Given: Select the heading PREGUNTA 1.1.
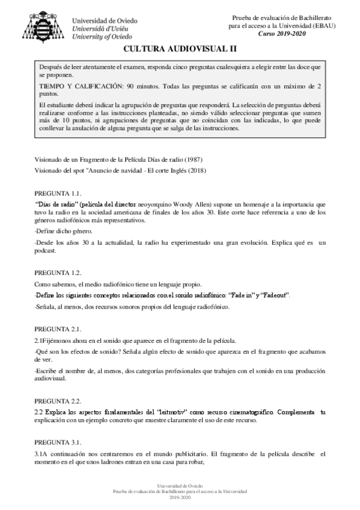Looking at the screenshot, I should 58,194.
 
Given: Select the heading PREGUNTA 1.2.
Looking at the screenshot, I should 58,272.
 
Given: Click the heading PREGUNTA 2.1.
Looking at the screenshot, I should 58,329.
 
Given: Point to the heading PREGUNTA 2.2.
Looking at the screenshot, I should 58,401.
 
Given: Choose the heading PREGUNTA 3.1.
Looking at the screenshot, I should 58,443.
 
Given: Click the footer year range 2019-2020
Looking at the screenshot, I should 180,498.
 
